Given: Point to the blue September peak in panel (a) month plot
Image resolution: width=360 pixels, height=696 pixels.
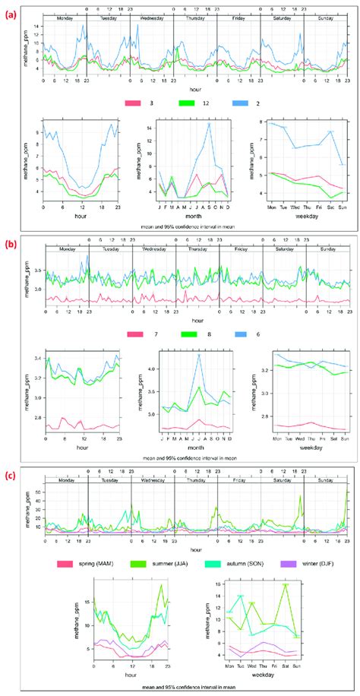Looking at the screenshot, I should (x=210, y=124).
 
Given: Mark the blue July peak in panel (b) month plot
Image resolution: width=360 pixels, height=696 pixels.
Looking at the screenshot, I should (x=199, y=355).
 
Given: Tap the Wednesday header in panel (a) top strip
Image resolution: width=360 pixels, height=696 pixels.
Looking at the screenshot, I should (x=153, y=15).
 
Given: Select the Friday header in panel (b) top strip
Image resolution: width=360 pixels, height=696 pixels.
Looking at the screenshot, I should (x=242, y=248).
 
